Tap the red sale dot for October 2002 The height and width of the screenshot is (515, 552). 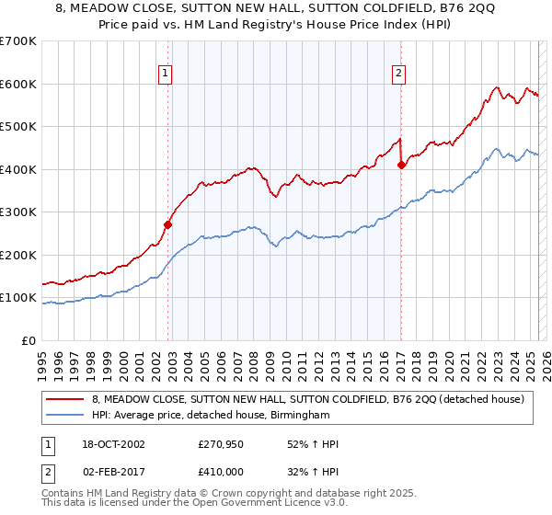tap(168, 223)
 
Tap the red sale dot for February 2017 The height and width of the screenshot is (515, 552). tap(401, 166)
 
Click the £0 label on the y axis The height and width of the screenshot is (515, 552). tap(29, 340)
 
